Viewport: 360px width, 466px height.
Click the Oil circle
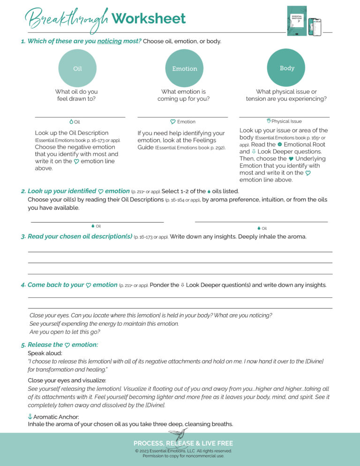point(77,68)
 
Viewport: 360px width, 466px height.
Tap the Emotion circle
point(184,68)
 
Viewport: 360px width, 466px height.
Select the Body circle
point(286,68)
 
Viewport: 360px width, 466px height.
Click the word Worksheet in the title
point(149,19)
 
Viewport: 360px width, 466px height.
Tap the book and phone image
point(304,21)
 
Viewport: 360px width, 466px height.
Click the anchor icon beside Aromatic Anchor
point(30,417)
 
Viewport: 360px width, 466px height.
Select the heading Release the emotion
point(63,345)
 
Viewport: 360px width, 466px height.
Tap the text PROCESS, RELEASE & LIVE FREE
point(183,443)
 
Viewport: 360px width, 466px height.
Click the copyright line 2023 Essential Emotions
point(183,451)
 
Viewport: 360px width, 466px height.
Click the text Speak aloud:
point(45,353)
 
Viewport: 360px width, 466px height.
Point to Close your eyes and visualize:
point(67,380)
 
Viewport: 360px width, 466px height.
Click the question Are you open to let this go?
point(65,332)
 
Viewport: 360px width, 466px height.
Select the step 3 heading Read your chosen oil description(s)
point(80,236)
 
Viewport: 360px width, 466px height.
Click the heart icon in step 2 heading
point(100,191)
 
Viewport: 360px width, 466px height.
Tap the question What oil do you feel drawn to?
point(76,95)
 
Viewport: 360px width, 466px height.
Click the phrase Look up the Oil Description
point(72,133)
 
